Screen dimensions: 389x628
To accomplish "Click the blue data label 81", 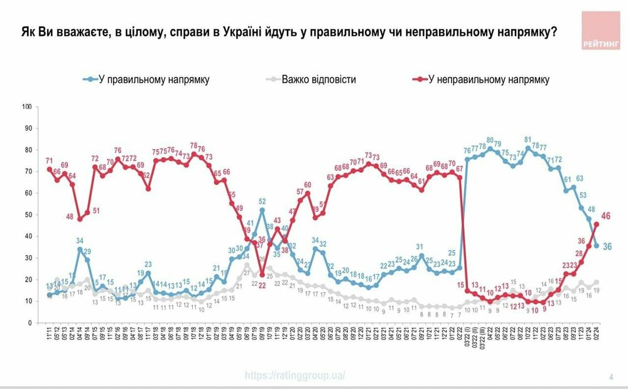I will tap(528, 140).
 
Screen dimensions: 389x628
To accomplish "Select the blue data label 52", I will tap(262, 202).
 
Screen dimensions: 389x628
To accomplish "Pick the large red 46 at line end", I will tap(606, 217).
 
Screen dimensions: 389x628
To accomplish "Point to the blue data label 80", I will tap(490, 141).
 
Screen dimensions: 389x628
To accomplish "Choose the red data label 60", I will tap(308, 185).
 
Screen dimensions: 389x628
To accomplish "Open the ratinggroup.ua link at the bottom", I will tap(295, 376).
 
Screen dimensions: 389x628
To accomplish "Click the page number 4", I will tap(610, 377).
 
